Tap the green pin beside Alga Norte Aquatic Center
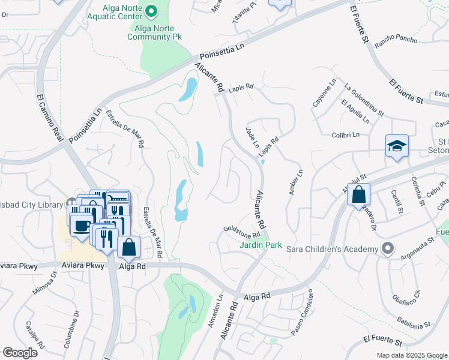tap(151, 10)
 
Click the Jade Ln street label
tap(252, 138)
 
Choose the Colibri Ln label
tap(345, 135)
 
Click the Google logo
tap(20, 353)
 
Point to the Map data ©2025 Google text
tap(411, 355)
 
